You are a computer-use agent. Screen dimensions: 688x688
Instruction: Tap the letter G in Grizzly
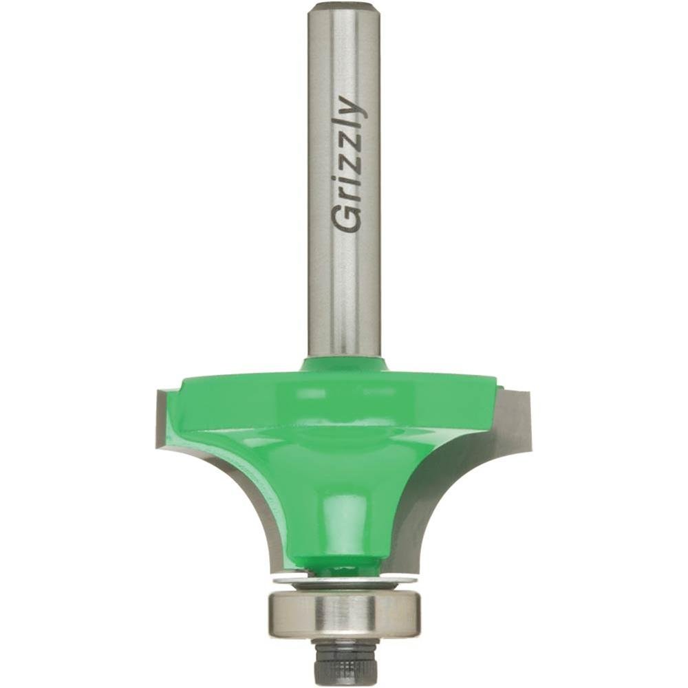tap(345, 219)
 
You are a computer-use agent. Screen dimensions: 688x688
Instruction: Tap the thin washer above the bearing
tap(344, 581)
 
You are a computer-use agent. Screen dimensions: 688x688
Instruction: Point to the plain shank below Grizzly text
tap(345, 296)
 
